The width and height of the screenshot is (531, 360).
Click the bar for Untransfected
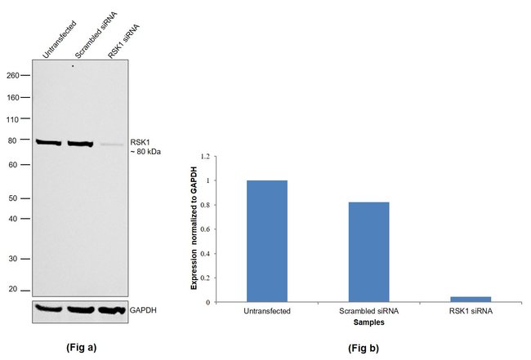click(x=266, y=241)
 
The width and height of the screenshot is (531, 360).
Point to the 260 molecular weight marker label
click(x=13, y=74)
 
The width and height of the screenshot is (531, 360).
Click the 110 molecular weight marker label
click(x=13, y=119)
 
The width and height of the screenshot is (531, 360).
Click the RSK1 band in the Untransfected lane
click(x=48, y=143)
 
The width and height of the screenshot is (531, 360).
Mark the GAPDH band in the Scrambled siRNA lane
click(x=81, y=310)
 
